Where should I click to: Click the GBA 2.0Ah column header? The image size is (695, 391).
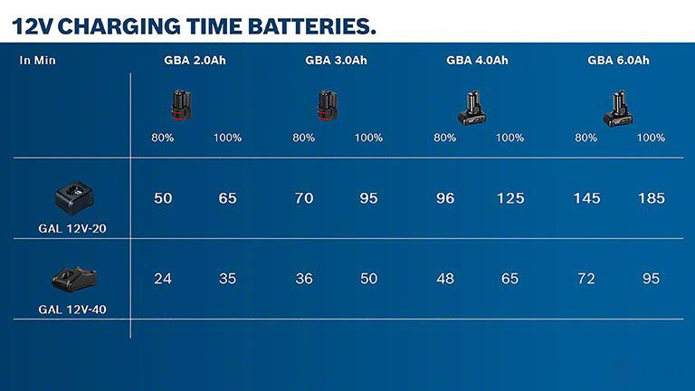point(195,61)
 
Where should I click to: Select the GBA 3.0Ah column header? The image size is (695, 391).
point(336,61)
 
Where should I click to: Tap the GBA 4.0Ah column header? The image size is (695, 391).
point(477,61)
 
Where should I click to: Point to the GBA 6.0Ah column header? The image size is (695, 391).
point(618,61)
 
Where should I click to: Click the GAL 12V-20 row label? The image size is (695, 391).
point(72,229)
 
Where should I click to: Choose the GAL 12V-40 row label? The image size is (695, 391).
point(72,309)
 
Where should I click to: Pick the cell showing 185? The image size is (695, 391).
point(651,198)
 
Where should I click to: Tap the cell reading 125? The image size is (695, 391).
point(509,198)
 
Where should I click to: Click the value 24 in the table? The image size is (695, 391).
point(163,279)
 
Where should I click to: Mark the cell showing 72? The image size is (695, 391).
point(586,279)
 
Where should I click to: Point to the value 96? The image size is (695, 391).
point(445,198)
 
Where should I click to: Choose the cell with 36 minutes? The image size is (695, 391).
point(304,279)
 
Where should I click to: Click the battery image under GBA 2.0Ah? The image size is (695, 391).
point(182,105)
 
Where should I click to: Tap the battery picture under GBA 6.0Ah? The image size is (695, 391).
point(618,108)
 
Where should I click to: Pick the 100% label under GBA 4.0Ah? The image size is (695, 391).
point(509,138)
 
